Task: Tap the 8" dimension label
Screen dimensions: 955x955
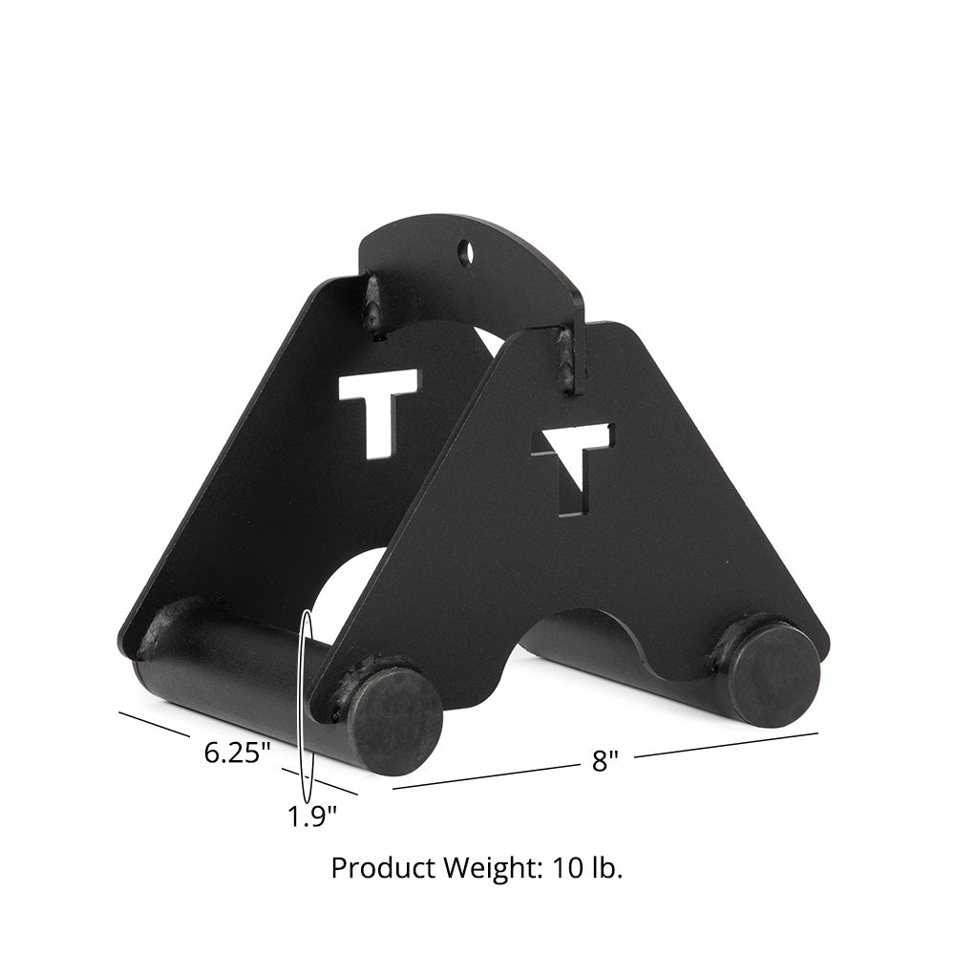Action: pos(605,761)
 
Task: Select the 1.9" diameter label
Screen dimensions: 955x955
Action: pos(311,817)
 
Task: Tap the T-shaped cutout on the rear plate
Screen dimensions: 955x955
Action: pos(378,406)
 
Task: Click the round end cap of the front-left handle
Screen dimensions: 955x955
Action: pos(393,720)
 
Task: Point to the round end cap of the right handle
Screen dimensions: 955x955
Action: pos(774,674)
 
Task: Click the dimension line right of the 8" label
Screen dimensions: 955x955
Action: pos(726,744)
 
